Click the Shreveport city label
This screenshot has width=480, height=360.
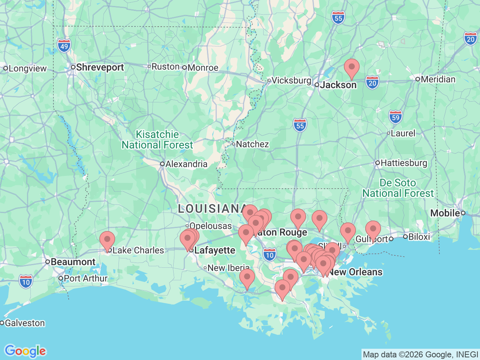[100, 67]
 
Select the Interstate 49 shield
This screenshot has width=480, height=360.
[64, 46]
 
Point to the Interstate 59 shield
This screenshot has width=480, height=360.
[395, 117]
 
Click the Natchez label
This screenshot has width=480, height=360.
[252, 144]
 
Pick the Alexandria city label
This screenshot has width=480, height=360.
[186, 164]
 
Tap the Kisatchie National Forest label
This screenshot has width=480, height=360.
[157, 139]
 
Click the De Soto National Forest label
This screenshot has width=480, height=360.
[398, 188]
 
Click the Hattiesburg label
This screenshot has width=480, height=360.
[403, 163]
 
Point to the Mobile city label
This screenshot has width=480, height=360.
[445, 213]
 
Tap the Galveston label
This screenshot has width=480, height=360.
[25, 323]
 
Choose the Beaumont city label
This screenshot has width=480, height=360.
[73, 262]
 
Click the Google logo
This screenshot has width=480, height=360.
[25, 351]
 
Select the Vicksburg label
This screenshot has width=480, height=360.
[291, 80]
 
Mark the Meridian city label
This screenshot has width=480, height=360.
[438, 79]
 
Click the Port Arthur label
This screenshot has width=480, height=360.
[85, 278]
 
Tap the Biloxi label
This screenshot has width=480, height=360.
[419, 237]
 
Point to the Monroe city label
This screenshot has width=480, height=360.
[203, 67]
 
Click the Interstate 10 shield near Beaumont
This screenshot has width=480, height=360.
[26, 282]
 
